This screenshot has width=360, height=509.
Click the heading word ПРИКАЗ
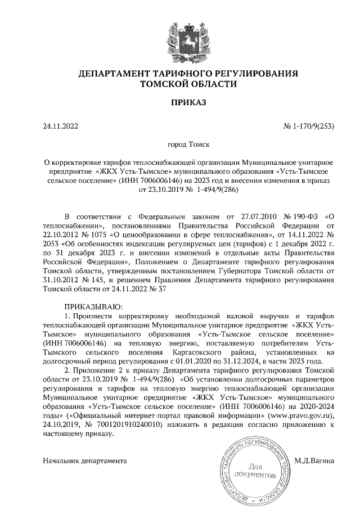(x=180, y=102)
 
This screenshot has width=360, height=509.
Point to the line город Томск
(x=180, y=145)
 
